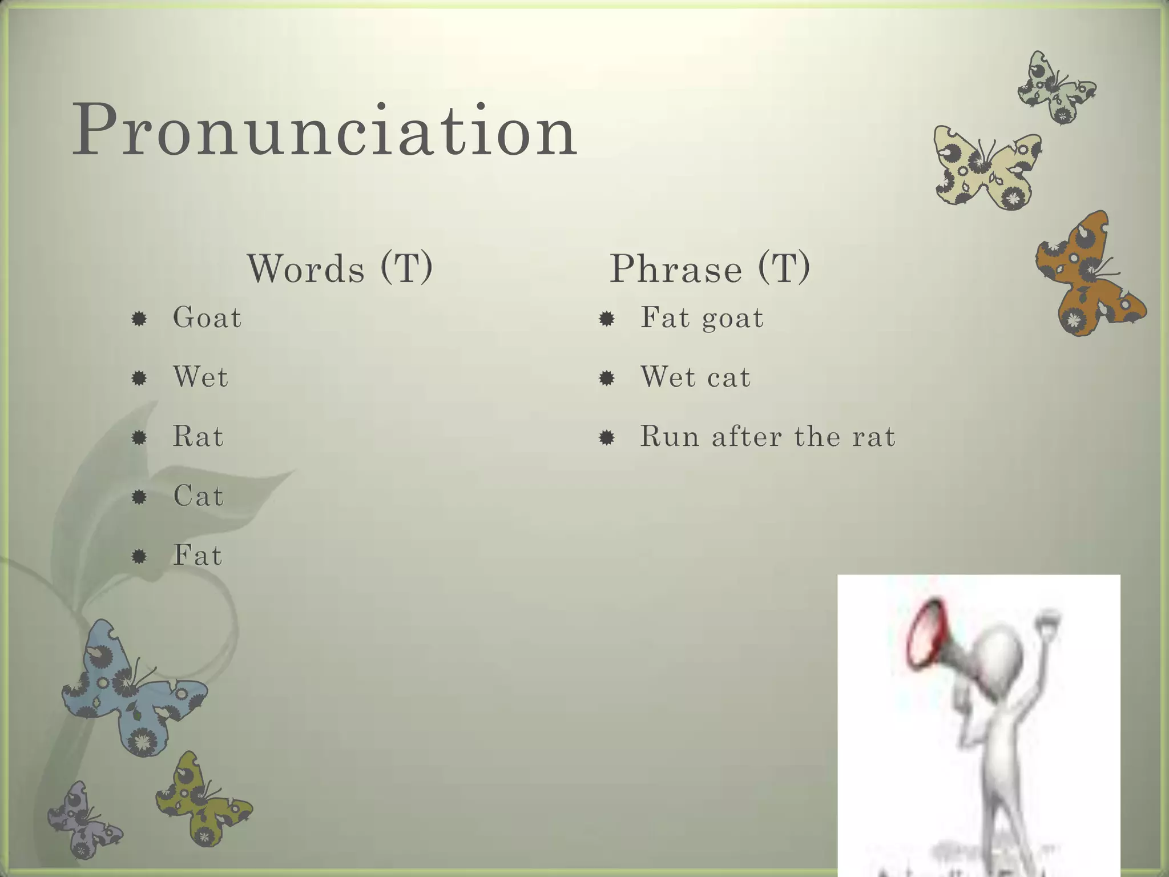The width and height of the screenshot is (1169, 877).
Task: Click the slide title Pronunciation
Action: [324, 130]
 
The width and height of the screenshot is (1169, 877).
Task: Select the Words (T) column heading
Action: [340, 268]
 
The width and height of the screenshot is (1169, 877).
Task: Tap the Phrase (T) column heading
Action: [710, 268]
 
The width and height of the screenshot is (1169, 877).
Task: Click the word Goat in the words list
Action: [207, 317]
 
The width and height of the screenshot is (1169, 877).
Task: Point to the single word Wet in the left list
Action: [200, 377]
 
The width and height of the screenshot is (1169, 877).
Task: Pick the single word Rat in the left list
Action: [197, 437]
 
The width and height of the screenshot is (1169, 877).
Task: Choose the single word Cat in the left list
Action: [198, 496]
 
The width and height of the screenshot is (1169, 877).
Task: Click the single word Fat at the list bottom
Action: [197, 555]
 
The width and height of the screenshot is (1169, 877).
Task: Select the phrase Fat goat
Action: [702, 318]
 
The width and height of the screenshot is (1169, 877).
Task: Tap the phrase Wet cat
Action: [695, 377]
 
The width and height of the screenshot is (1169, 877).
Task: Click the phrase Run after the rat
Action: [767, 437]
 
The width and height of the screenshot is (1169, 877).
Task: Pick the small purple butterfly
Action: [83, 819]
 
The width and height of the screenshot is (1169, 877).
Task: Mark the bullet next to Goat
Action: [139, 318]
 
